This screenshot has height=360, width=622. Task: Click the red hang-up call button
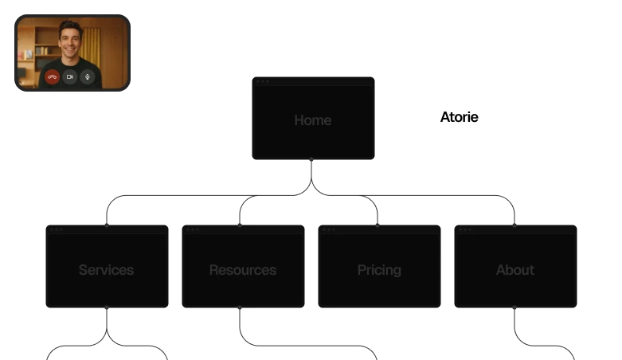[x=52, y=77]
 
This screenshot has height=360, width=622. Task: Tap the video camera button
[x=70, y=77]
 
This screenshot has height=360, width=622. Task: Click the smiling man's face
[x=70, y=40]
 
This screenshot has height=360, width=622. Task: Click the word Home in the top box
[x=312, y=120]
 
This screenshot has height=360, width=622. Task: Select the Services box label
[x=106, y=270]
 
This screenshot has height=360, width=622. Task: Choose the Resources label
[x=243, y=270]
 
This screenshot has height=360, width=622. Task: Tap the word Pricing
[x=379, y=270]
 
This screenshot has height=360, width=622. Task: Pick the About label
[x=515, y=270]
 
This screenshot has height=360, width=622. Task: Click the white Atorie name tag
[x=459, y=118]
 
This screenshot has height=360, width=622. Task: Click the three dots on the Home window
[x=263, y=81]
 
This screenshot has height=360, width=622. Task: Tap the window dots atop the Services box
[x=57, y=229]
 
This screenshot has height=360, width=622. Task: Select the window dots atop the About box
[x=464, y=229]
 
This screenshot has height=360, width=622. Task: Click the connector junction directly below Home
[x=311, y=188]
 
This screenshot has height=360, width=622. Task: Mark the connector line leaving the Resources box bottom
[x=239, y=323]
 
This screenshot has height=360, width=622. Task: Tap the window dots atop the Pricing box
[x=329, y=229]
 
